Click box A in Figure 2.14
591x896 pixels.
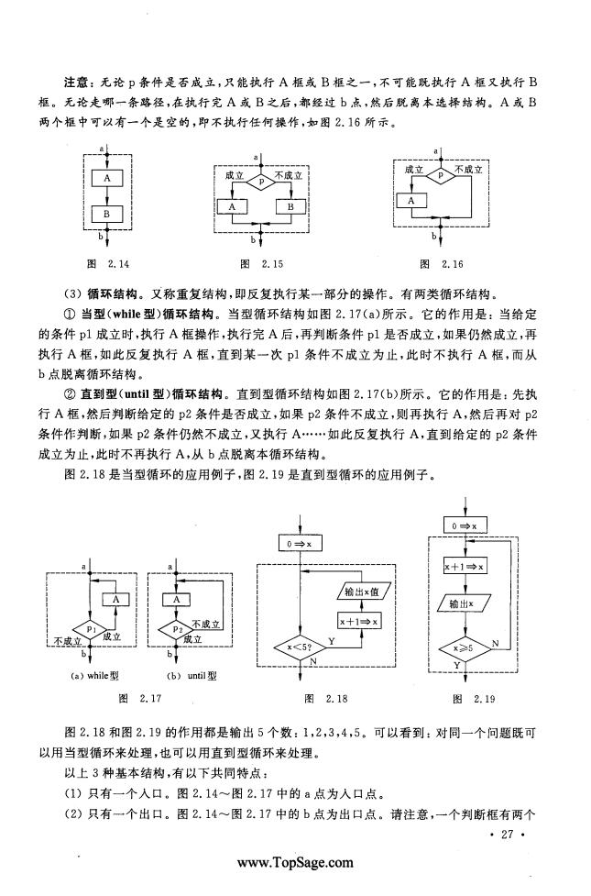pyautogui.click(x=107, y=179)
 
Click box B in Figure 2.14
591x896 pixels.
pyautogui.click(x=107, y=215)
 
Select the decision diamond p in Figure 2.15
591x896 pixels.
pyautogui.click(x=260, y=182)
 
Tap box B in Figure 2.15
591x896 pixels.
pyautogui.click(x=290, y=206)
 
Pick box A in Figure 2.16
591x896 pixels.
pyautogui.click(x=411, y=201)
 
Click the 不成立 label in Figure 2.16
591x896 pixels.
pyautogui.click(x=468, y=170)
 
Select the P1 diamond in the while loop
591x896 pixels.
pyautogui.click(x=90, y=629)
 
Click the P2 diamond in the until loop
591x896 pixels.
pyautogui.click(x=177, y=629)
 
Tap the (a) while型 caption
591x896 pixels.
pyautogui.click(x=94, y=676)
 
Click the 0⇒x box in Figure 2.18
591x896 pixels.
pyautogui.click(x=300, y=544)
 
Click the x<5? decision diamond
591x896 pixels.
pyautogui.click(x=300, y=647)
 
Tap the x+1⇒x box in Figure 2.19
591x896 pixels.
pyautogui.click(x=465, y=566)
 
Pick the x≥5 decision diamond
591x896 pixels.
pyautogui.click(x=465, y=649)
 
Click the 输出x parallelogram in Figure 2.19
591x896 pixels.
pyautogui.click(x=465, y=603)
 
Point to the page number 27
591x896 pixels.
pyautogui.click(x=507, y=834)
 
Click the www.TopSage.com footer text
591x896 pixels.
pyautogui.click(x=295, y=863)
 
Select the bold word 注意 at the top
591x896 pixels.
pyautogui.click(x=77, y=82)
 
